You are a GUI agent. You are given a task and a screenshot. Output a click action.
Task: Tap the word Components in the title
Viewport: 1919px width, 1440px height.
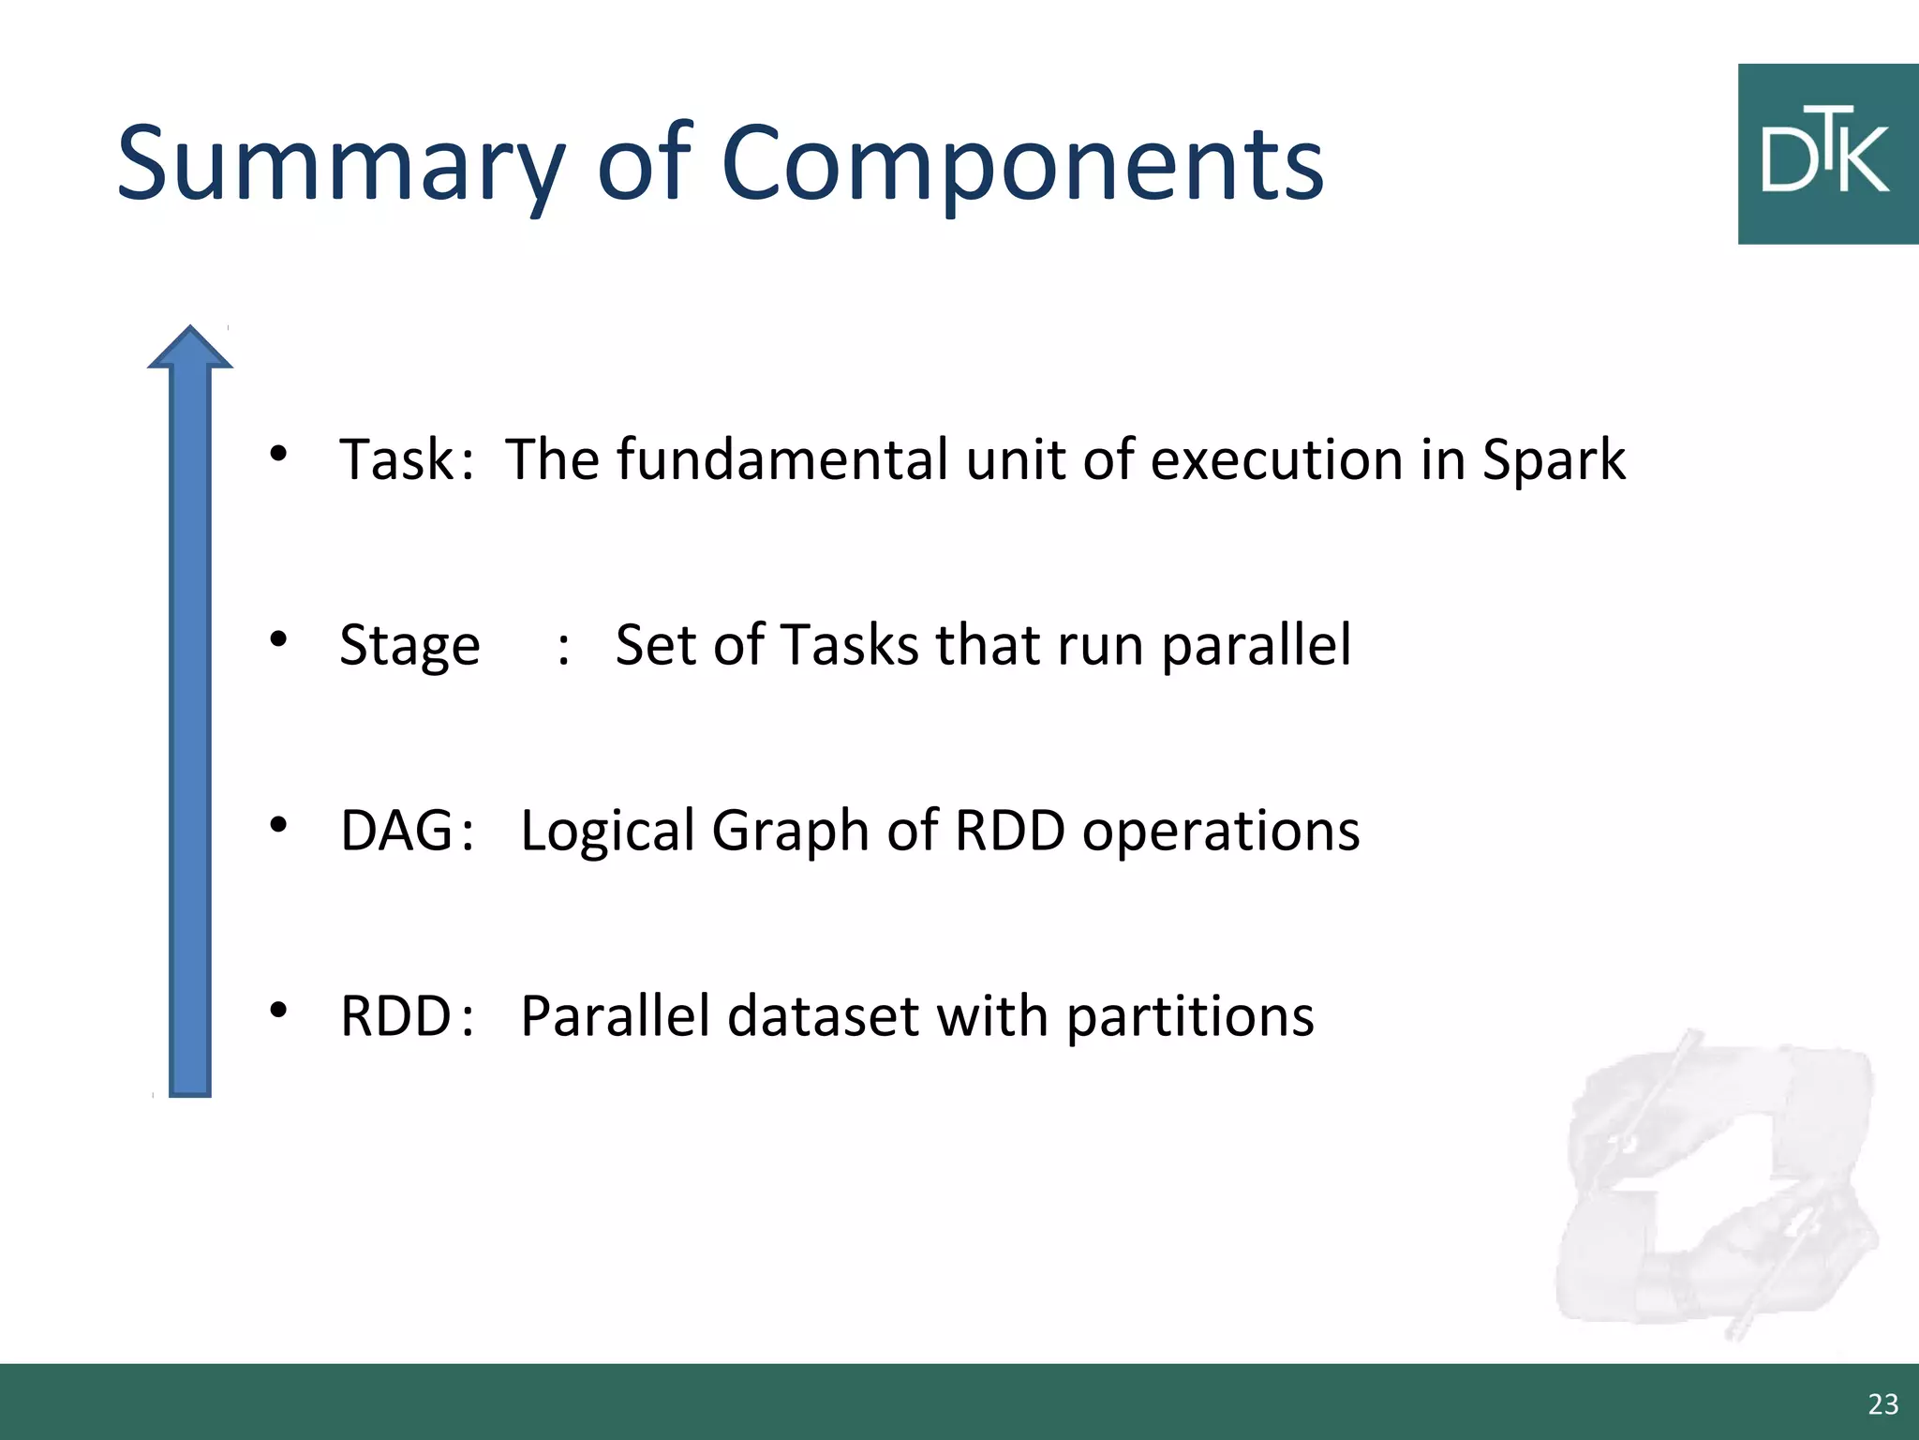pyautogui.click(x=1021, y=166)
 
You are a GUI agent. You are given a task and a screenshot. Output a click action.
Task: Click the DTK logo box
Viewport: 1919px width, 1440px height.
pyautogui.click(x=1827, y=155)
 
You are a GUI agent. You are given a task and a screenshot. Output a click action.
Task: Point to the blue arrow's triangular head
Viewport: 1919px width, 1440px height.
pyautogui.click(x=190, y=349)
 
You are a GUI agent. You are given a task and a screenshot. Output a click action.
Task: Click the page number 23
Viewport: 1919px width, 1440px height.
pyautogui.click(x=1882, y=1403)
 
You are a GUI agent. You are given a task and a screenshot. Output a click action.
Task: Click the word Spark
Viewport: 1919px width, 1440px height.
pyautogui.click(x=1553, y=461)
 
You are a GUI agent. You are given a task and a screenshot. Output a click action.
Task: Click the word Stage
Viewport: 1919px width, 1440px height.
pyautogui.click(x=409, y=647)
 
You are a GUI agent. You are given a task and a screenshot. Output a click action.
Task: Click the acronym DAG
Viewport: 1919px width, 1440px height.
pyautogui.click(x=396, y=831)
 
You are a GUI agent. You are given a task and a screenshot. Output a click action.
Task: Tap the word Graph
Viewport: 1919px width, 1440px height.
pyautogui.click(x=790, y=832)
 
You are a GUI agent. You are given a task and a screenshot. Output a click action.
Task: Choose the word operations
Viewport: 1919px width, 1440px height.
pyautogui.click(x=1220, y=831)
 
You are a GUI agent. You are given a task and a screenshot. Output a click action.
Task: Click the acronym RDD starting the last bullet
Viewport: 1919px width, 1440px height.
pyautogui.click(x=396, y=1016)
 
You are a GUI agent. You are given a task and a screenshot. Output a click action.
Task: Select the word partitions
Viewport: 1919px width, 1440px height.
pyautogui.click(x=1190, y=1018)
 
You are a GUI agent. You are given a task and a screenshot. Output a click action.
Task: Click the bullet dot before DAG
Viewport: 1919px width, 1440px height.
pyautogui.click(x=278, y=825)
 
